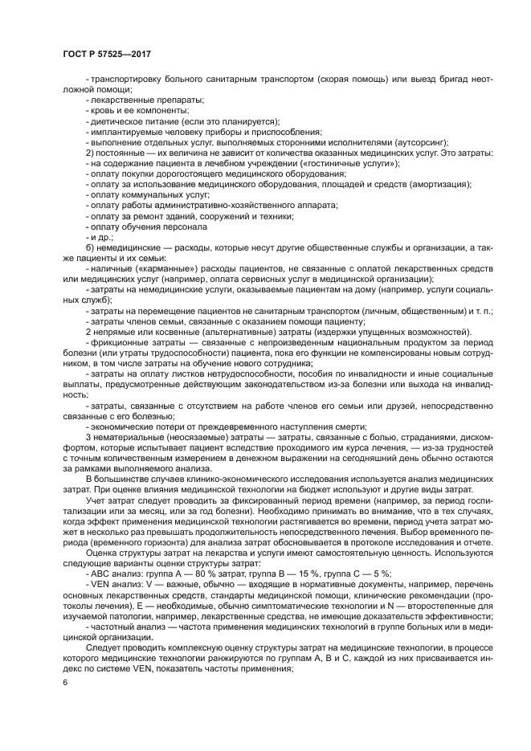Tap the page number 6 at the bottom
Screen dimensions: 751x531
(x=65, y=681)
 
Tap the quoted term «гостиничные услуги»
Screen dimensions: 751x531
(x=349, y=163)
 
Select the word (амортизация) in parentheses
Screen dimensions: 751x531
(x=439, y=184)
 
